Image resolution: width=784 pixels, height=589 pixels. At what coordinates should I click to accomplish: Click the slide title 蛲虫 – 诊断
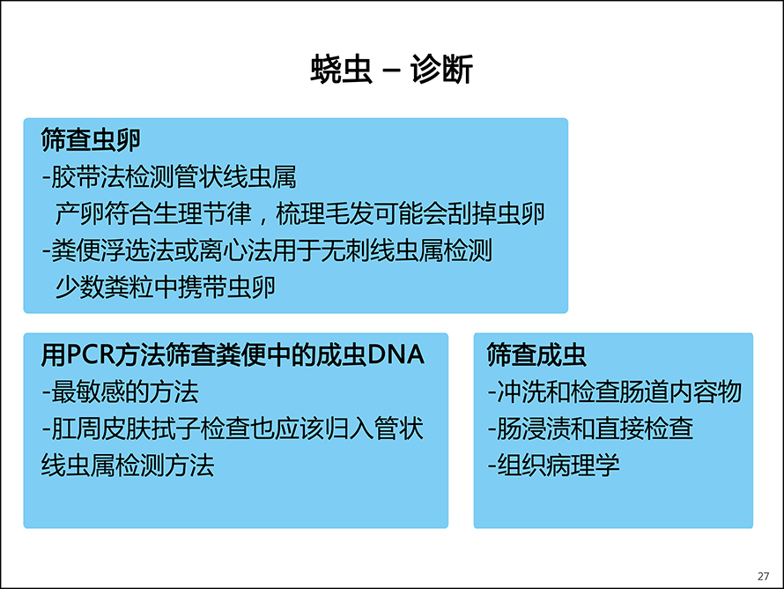(391, 69)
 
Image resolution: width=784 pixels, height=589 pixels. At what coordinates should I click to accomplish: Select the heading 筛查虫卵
(91, 139)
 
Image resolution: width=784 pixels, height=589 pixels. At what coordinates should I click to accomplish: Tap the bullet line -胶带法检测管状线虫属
(169, 176)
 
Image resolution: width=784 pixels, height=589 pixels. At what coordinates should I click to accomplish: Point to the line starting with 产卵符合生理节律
(300, 213)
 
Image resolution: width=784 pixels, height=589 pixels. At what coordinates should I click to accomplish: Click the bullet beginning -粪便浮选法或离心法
(268, 250)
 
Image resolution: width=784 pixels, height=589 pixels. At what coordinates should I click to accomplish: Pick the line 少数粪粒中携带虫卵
(165, 287)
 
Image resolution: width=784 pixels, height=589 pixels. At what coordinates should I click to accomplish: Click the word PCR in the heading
(91, 354)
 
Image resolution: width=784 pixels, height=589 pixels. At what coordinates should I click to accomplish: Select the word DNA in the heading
(396, 354)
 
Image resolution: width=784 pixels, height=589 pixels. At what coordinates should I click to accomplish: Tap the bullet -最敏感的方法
(120, 391)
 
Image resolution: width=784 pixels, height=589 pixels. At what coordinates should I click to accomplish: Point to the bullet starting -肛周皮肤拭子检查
(233, 429)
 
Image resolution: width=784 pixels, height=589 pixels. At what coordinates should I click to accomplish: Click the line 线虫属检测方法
(128, 466)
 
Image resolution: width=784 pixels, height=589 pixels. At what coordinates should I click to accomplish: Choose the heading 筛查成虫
(536, 354)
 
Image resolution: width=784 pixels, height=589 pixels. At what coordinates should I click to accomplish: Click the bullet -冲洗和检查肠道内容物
(615, 391)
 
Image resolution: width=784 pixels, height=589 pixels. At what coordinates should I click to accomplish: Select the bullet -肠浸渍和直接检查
(590, 429)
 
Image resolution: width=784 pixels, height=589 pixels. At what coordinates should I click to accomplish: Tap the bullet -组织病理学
(553, 466)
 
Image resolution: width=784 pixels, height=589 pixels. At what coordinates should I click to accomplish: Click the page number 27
(763, 576)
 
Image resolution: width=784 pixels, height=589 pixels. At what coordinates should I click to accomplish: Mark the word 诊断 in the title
(442, 69)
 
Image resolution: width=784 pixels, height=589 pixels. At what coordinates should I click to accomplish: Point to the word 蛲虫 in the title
(342, 69)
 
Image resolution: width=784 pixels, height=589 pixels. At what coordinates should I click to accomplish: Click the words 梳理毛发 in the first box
(324, 213)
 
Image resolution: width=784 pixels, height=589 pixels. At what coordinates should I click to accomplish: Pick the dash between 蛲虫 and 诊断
(391, 70)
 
